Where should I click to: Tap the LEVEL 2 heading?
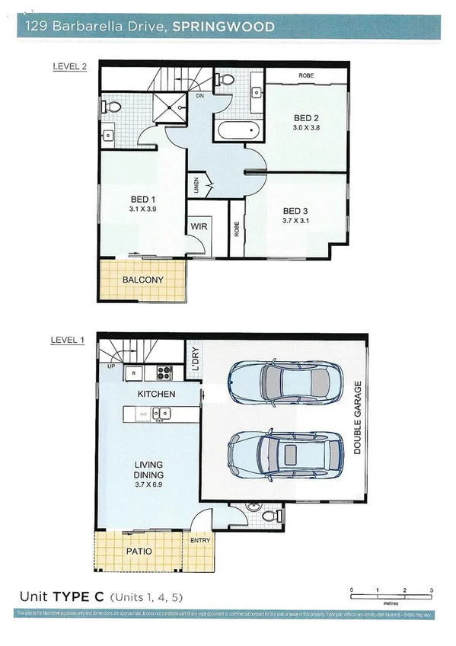tap(69, 66)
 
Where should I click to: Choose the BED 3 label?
tap(295, 211)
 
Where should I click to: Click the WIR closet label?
tap(199, 227)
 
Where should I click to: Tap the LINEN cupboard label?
tap(196, 187)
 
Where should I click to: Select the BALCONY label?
tap(142, 280)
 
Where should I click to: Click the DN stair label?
tap(200, 98)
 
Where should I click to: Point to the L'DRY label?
tap(195, 358)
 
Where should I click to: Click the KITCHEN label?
tap(156, 394)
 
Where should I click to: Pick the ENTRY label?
tap(200, 540)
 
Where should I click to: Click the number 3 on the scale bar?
tap(432, 590)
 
